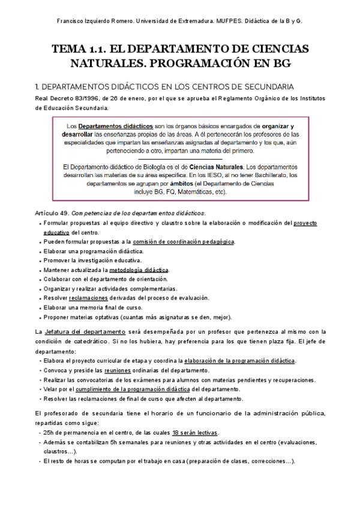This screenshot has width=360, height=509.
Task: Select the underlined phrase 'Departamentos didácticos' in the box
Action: pos(115,127)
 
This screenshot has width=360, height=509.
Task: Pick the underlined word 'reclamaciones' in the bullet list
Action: pos(88,298)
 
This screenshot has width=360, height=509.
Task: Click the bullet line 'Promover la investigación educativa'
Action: pos(92,261)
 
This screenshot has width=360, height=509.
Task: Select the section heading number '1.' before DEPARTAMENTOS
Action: pos(40,86)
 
